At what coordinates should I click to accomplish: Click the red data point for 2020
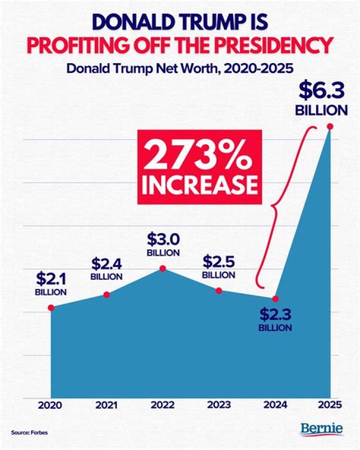(51, 307)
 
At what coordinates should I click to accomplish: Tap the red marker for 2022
(162, 269)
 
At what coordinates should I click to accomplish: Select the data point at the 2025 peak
(329, 127)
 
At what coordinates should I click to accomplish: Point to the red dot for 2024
(274, 299)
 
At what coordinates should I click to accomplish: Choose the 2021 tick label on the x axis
(106, 405)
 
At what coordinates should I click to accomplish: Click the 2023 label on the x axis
(218, 405)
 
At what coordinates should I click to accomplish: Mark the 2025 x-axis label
(329, 405)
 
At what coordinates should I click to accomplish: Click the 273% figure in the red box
(199, 157)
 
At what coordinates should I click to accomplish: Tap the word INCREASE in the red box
(199, 185)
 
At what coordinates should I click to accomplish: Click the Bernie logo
(321, 429)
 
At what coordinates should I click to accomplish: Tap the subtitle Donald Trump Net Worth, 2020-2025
(179, 68)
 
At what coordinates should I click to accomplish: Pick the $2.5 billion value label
(218, 267)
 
